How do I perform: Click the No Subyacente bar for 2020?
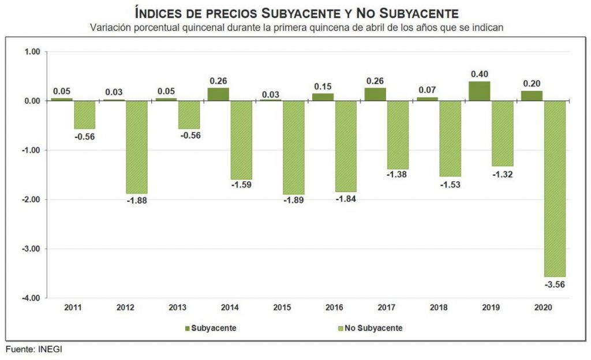pos(555,189)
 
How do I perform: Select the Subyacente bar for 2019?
pos(479,91)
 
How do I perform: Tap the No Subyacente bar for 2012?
pos(137,147)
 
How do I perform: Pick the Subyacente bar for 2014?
pos(218,95)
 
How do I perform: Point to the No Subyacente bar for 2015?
pos(293,148)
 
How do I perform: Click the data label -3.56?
pos(556,284)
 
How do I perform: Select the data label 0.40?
pos(479,74)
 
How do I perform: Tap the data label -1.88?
pos(137,201)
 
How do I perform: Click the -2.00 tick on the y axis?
pos(30,200)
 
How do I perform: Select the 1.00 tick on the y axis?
pos(32,52)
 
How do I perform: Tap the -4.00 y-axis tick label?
pos(30,298)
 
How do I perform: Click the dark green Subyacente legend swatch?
pos(187,328)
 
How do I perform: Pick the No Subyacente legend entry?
pos(369,328)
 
